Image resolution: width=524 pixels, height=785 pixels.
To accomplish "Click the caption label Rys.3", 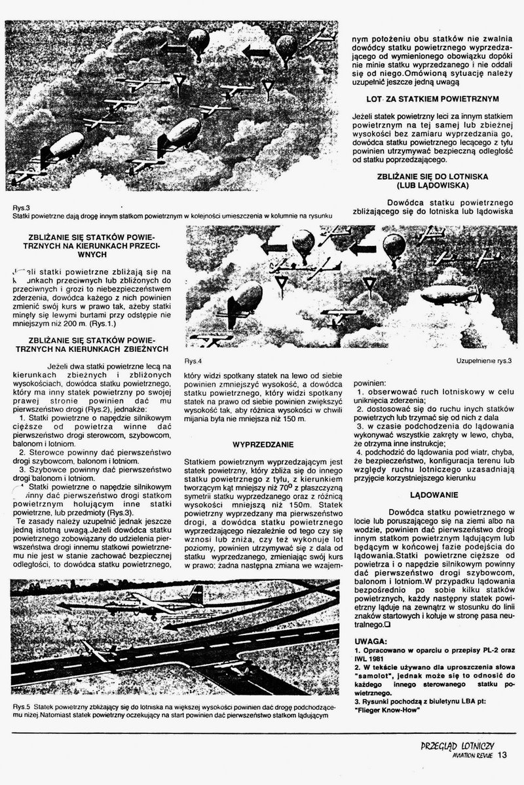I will pos(20,207).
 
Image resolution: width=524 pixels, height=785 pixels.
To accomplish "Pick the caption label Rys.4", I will pos(193,361).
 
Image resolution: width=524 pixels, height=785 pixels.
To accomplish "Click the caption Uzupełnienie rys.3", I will pos(483,361).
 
